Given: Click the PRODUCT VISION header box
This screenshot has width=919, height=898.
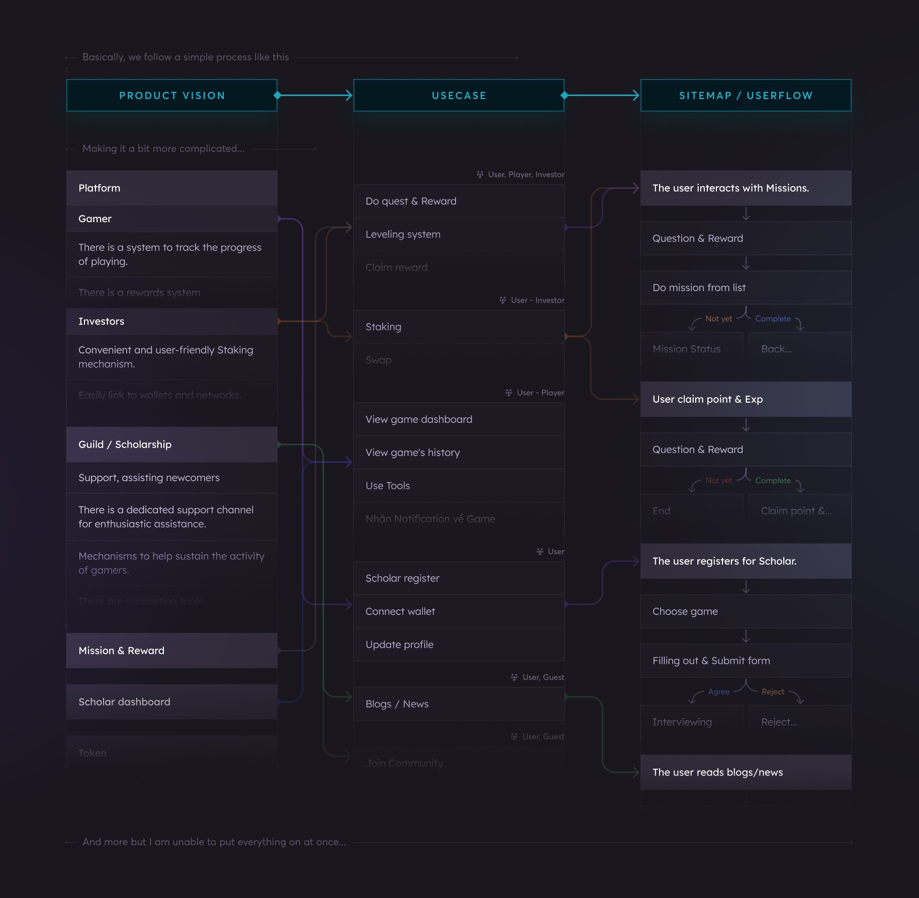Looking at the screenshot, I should [171, 96].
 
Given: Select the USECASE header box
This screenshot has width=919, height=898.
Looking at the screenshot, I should [458, 96].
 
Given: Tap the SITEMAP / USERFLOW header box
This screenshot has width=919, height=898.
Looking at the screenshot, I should [746, 96].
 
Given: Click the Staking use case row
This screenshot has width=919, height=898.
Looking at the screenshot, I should [458, 327].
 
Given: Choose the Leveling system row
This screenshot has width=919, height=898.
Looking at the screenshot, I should [458, 234].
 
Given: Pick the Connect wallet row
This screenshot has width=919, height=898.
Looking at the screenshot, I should [458, 611].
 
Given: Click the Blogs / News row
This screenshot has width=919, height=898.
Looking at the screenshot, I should [458, 704].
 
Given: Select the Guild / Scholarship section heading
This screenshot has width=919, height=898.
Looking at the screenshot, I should [171, 444].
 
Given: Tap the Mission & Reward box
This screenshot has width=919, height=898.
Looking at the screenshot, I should [171, 651].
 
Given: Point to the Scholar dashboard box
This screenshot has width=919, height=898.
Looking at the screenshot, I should [171, 702].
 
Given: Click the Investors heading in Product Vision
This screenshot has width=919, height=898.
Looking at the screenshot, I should [171, 321].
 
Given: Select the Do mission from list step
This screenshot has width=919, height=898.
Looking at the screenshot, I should [746, 288].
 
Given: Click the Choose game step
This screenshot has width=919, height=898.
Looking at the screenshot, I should [746, 611].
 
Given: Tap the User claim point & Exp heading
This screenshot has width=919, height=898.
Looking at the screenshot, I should [746, 399].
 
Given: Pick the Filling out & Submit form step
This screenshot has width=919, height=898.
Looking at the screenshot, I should [746, 661].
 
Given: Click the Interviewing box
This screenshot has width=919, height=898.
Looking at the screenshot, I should [691, 722].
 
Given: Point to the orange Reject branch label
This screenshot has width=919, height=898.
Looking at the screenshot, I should [773, 692].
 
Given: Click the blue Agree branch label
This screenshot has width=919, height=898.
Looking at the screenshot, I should [718, 692].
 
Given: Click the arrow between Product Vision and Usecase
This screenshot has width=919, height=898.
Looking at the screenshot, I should [315, 95].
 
